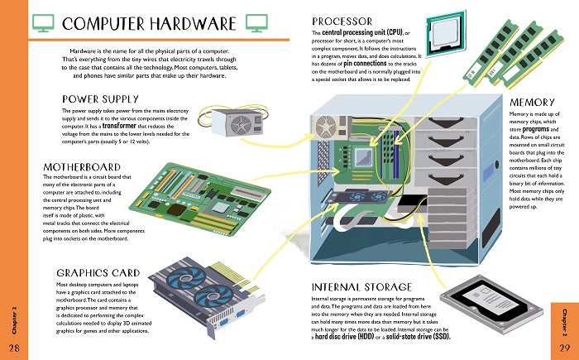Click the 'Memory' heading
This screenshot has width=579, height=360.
[x=531, y=101]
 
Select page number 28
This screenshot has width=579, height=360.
[x=14, y=346]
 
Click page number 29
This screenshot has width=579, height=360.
[x=564, y=346]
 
